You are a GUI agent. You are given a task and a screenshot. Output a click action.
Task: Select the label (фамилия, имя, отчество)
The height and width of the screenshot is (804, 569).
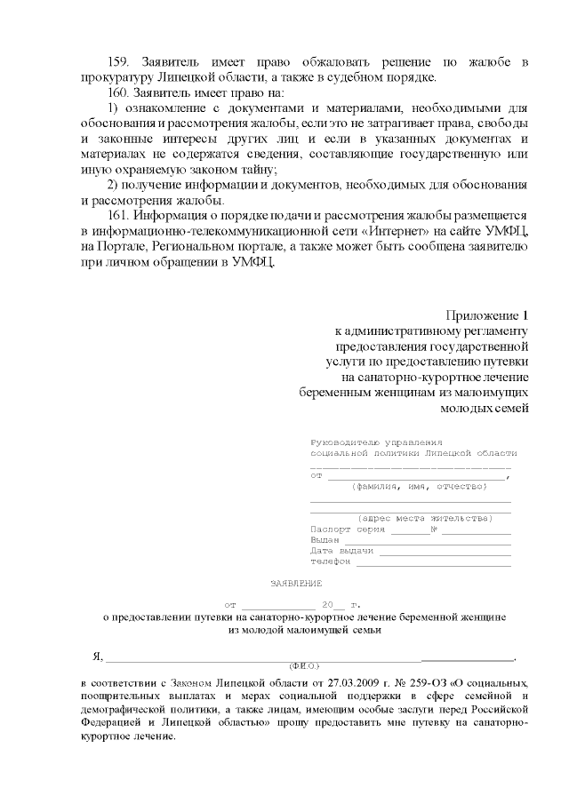pyautogui.click(x=420, y=486)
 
